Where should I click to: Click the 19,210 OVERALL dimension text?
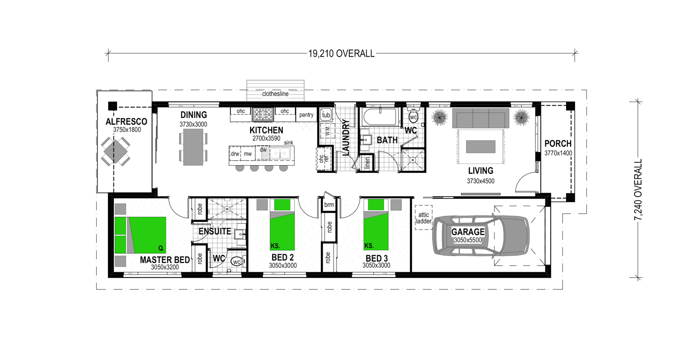341,54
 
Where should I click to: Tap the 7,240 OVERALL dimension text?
638,189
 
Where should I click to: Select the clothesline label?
275,94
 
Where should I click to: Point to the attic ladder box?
423,217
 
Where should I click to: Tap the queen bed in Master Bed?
140,235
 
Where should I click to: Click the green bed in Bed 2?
282,225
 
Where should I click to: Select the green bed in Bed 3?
376,225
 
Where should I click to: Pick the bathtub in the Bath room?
380,117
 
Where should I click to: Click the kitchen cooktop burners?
263,114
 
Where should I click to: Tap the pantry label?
306,115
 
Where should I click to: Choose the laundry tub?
326,114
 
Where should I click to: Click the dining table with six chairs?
193,147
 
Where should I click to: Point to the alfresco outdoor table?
115,151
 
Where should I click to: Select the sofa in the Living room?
481,118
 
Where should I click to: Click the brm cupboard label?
329,205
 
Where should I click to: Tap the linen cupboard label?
367,163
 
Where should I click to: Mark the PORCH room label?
558,144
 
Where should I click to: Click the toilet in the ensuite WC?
237,261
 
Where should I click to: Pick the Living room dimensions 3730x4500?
481,181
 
